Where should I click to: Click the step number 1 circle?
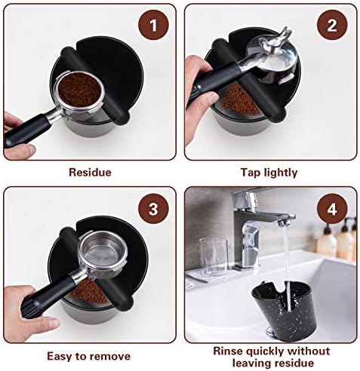pos(153,25)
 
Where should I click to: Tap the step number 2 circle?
pos(332,25)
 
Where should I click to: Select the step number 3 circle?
pos(153,209)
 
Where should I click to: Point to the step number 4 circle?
pos(332,209)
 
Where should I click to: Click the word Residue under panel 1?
pos(90,173)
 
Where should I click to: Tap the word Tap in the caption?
pos(251,173)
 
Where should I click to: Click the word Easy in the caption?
pos(60,357)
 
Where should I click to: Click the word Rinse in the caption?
pos(228,351)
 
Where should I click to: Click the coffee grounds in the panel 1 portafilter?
pos(79,89)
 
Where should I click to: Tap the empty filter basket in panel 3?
pos(103,253)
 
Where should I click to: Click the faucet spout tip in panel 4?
pos(284,222)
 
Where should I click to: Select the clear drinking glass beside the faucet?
pos(214,257)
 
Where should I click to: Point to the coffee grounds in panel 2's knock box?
pos(239,100)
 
